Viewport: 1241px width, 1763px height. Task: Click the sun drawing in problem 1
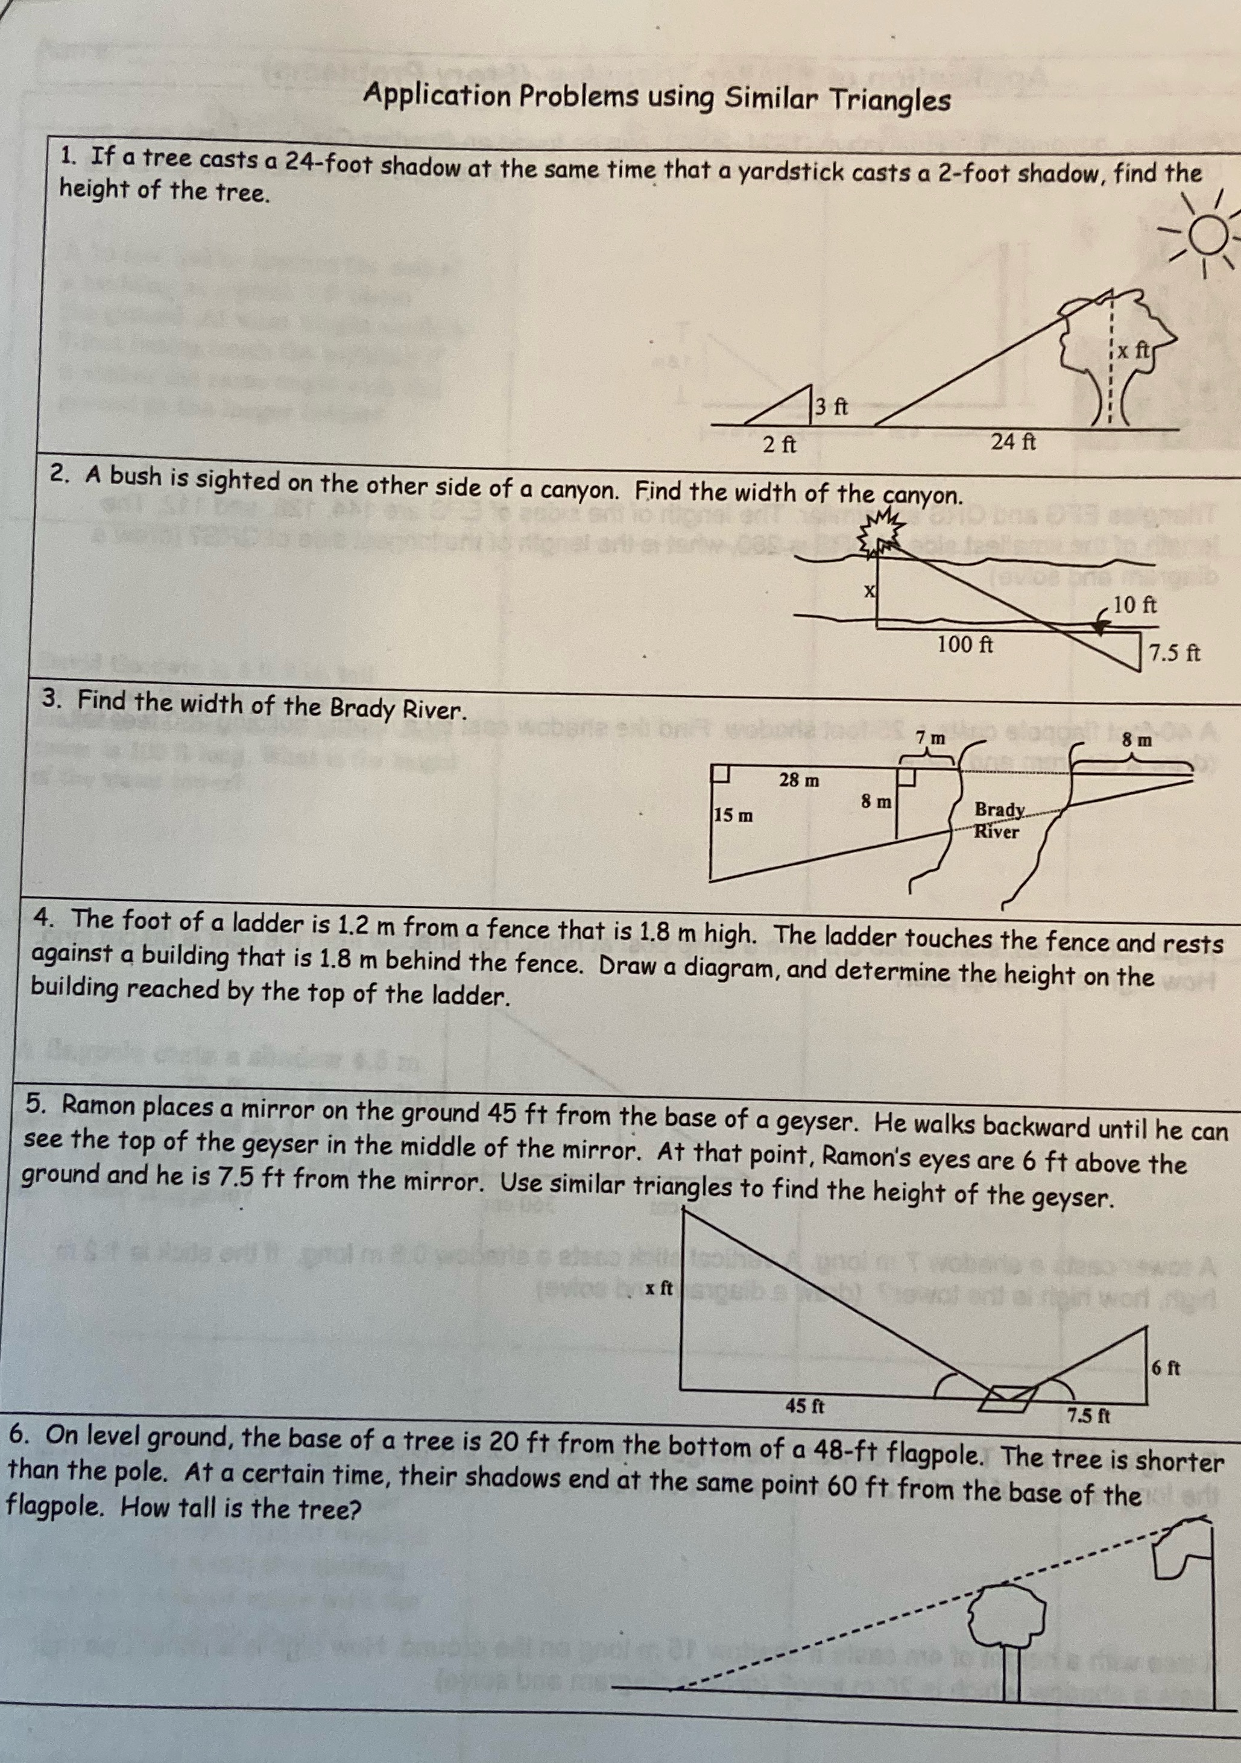[x=1208, y=235]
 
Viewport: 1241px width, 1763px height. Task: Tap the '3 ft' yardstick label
[x=831, y=407]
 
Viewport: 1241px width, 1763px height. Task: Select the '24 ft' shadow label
[x=1013, y=443]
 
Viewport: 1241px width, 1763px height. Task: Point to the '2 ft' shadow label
[x=780, y=444]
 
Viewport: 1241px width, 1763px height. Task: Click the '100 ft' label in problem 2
[x=965, y=644]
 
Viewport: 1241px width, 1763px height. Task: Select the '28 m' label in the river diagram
[x=798, y=780]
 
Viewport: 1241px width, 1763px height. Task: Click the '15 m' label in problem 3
[x=733, y=815]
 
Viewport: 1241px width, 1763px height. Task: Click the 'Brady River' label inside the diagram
[x=997, y=820]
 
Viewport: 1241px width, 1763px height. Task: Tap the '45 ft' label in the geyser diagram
[x=805, y=1406]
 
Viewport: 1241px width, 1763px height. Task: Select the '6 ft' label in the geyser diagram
[x=1166, y=1367]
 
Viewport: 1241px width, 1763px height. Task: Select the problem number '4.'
[x=44, y=918]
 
